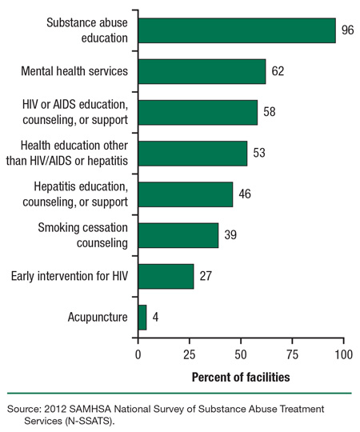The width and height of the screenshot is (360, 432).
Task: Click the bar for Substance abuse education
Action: coord(237,30)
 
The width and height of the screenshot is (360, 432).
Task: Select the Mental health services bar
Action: coord(202,72)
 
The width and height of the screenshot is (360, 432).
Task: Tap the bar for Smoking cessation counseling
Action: coord(178,235)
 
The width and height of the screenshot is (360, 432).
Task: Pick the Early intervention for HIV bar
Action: coord(166,276)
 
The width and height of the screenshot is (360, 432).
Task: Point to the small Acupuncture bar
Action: coord(142,318)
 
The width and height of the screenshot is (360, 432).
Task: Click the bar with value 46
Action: coord(186,194)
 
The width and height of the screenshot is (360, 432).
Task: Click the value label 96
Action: coord(349,30)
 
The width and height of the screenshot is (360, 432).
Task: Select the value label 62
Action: coord(278,72)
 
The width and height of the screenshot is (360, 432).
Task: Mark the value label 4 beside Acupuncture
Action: coord(155,318)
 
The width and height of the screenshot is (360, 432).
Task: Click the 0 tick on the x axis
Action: coord(138,353)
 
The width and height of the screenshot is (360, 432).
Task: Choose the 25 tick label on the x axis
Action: coord(190,353)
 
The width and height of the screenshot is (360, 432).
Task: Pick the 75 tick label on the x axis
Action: coord(292,353)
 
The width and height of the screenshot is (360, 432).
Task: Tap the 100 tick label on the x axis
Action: coord(343,353)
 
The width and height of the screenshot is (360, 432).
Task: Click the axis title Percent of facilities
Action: coord(241,375)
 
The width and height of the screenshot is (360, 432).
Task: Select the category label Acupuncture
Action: coord(98,318)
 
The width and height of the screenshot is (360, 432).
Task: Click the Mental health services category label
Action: coord(74,72)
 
